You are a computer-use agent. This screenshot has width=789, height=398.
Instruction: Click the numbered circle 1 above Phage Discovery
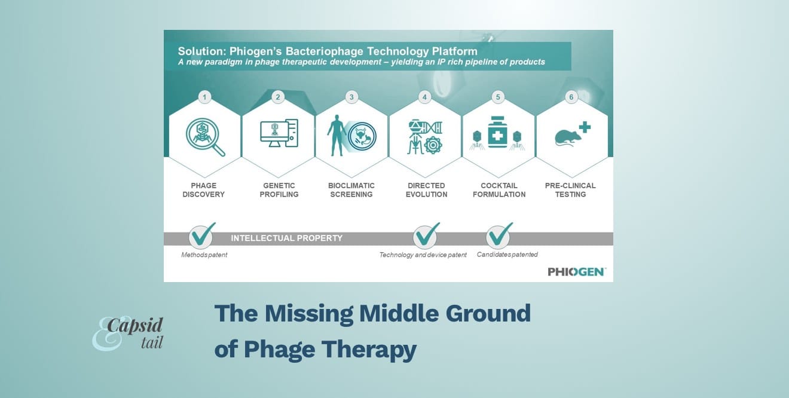pyautogui.click(x=204, y=97)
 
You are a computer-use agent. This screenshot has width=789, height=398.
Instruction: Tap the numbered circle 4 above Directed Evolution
pyautogui.click(x=424, y=97)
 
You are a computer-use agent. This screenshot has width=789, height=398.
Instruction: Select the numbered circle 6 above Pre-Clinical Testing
pyautogui.click(x=571, y=97)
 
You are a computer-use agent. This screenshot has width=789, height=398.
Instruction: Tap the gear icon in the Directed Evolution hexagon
pyautogui.click(x=433, y=145)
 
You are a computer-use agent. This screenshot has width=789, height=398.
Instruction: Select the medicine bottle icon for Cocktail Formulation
pyautogui.click(x=497, y=132)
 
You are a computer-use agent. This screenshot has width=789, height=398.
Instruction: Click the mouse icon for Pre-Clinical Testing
pyautogui.click(x=568, y=137)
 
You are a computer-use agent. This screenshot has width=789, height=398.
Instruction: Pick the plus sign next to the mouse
pyautogui.click(x=585, y=127)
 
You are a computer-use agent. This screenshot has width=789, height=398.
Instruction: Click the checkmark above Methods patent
pyautogui.click(x=202, y=235)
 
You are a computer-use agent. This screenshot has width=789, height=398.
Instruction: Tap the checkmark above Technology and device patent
pyautogui.click(x=426, y=235)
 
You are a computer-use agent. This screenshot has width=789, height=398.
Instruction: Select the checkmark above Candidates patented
pyautogui.click(x=499, y=235)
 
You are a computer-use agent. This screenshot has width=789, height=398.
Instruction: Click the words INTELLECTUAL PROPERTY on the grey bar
pyautogui.click(x=287, y=238)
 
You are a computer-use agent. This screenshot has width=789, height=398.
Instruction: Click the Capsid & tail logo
pyautogui.click(x=127, y=333)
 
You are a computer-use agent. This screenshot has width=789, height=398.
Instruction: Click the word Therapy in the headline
pyautogui.click(x=369, y=350)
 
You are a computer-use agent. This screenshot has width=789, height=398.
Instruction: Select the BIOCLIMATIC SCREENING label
pyautogui.click(x=351, y=190)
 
